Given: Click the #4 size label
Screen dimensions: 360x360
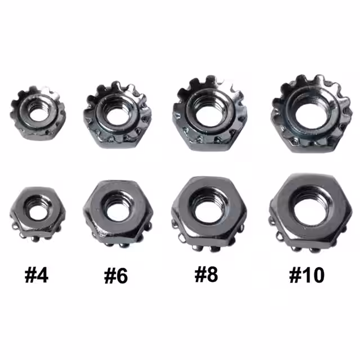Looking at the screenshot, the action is point(37,275).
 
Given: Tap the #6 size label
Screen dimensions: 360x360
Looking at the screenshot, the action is point(116,276).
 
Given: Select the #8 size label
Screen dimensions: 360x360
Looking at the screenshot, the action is point(206,274).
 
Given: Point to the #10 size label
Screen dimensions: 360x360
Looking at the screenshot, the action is point(307,275).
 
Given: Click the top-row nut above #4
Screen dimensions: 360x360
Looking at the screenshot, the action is point(38,113).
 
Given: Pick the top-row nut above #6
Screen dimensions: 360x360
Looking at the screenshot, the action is point(118,114).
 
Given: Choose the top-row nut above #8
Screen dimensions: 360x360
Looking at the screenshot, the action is point(210,113).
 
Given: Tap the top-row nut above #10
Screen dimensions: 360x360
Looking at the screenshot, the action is point(312,114).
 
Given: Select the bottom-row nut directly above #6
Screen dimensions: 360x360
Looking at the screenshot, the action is point(118,214).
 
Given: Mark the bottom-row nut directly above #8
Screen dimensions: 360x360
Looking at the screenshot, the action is point(209,214).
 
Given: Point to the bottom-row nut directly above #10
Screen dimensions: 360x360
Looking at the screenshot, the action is point(310,213).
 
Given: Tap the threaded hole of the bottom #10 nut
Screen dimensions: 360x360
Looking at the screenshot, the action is point(310,211).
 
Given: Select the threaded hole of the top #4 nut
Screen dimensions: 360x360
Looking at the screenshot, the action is point(38,114).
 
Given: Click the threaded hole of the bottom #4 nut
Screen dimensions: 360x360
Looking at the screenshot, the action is point(38,212).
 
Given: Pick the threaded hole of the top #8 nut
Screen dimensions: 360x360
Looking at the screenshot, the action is point(209,115).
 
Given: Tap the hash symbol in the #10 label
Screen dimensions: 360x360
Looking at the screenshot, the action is point(295,275).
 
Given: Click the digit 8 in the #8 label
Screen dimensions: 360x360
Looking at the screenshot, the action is point(212,274).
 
